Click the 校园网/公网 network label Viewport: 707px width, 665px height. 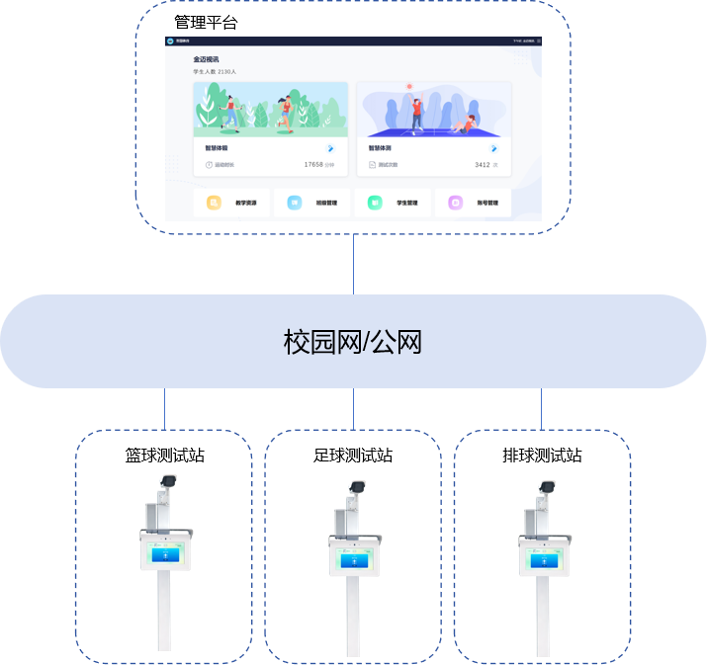point(353,343)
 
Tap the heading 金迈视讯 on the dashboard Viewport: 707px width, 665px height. point(206,59)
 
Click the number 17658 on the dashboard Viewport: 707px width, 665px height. point(313,165)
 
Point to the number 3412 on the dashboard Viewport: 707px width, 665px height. point(482,165)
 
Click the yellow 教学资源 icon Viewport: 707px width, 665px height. point(214,203)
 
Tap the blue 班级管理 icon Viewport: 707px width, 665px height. point(294,203)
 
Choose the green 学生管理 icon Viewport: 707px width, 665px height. point(375,203)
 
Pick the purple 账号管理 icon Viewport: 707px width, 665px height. point(455,203)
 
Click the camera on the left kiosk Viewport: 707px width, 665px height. point(167,481)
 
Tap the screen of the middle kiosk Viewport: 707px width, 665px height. point(354,559)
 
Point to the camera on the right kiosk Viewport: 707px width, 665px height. point(545,487)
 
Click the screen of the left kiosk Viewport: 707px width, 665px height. point(165,554)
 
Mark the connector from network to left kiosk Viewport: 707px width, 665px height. point(165,408)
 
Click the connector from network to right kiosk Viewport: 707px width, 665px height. point(541,408)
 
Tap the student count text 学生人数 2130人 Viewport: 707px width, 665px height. point(214,72)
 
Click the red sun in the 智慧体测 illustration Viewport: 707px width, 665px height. point(408,87)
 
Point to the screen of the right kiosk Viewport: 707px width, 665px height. point(543,559)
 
